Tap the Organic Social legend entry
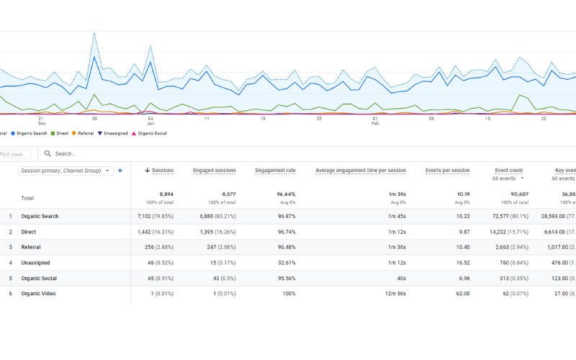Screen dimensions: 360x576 [x=154, y=133]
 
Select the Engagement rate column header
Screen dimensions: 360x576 [x=275, y=171]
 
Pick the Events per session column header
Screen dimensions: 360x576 [x=447, y=171]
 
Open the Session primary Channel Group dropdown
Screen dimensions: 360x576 [x=66, y=171]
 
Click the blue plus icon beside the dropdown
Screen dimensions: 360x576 [x=120, y=171]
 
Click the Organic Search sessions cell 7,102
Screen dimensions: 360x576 [x=156, y=217]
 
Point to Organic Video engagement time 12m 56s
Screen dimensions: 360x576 [x=394, y=294]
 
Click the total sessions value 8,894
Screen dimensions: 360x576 [x=164, y=194]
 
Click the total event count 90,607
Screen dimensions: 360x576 [x=512, y=194]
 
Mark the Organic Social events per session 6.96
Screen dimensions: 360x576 [x=461, y=279]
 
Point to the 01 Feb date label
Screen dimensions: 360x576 [x=375, y=120]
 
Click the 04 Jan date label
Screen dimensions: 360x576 [x=150, y=120]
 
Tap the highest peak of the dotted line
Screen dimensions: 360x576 [x=94, y=33]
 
